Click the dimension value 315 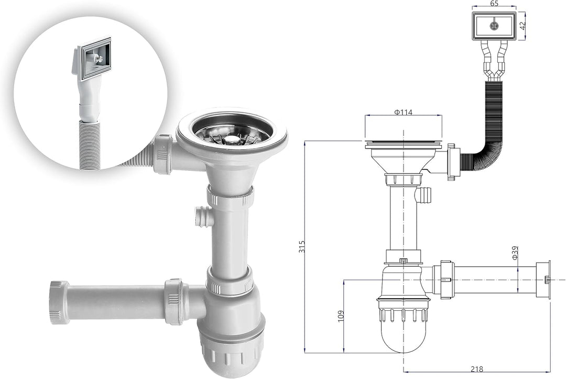pos(302,246)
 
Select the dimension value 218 pos(477,369)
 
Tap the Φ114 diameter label pos(403,112)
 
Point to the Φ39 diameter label pos(515,252)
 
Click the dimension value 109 pos(341,316)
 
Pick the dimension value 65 pos(495,4)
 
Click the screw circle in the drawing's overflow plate pos(494,25)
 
